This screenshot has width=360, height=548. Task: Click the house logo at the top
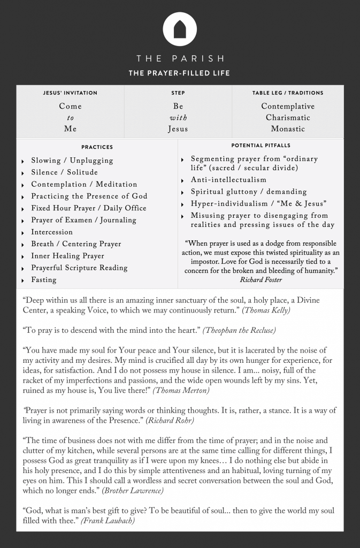point(180,29)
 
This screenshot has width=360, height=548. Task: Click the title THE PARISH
point(180,58)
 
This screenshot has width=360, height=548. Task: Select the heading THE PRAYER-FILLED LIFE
point(180,73)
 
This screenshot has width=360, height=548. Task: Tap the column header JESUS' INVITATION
point(70,93)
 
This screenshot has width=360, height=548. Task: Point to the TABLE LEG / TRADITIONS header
point(288,93)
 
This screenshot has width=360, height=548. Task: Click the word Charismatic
point(288,118)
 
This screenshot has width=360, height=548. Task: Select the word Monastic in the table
point(288,129)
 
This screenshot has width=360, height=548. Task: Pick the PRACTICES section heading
point(97,147)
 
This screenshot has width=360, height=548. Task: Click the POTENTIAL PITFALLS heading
point(261,146)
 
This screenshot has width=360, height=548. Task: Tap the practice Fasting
point(43,280)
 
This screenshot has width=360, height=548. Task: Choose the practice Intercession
point(52,232)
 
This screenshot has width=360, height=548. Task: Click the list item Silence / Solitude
point(64,172)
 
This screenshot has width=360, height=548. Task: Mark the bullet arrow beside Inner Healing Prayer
point(23,256)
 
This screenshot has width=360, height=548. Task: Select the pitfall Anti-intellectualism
point(228,180)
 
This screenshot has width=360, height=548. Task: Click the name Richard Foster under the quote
point(262,279)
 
